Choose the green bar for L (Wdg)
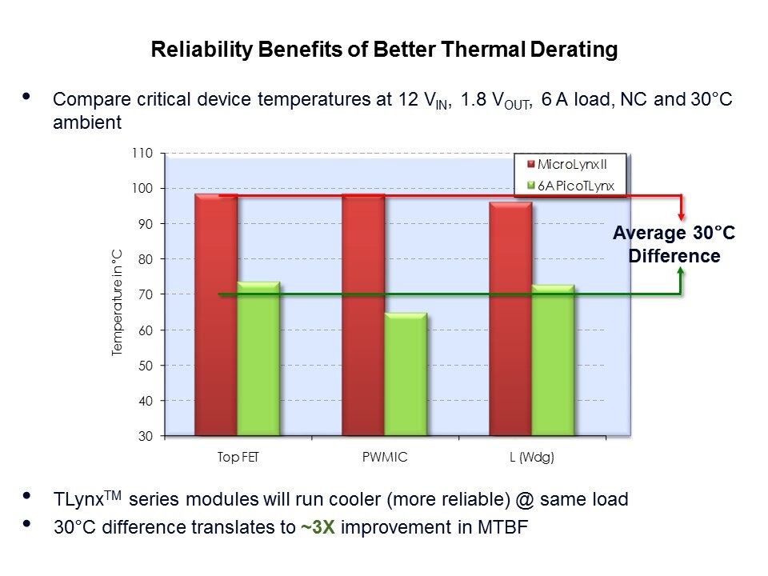click(553, 360)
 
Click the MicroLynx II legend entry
click(571, 164)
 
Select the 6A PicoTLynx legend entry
click(574, 185)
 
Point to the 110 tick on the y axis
click(142, 153)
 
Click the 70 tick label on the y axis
click(145, 294)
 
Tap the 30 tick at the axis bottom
click(145, 436)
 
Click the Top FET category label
click(238, 458)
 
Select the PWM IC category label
click(385, 458)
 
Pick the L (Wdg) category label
click(531, 458)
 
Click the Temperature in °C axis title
click(117, 302)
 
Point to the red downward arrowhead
click(681, 214)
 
